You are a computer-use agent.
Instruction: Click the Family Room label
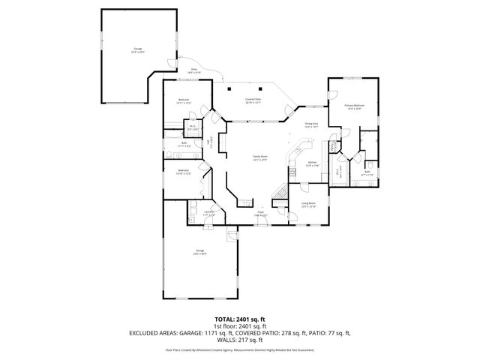point(259,157)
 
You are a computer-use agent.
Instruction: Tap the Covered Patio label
point(253,100)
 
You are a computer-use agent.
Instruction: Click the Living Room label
point(308,205)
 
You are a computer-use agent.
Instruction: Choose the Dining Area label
point(311,125)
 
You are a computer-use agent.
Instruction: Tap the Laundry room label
point(209,214)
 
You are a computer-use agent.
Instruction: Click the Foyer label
point(260,214)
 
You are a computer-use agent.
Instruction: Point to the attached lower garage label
point(200,252)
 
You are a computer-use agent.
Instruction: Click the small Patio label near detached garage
point(194,70)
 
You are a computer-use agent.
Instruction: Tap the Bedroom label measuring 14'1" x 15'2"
point(184,101)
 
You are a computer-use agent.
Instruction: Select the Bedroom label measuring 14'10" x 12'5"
point(184,172)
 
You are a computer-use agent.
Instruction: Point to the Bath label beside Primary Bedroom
point(367,173)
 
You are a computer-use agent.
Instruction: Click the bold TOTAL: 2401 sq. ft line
point(239,319)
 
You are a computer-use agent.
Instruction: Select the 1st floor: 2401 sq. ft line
point(239,325)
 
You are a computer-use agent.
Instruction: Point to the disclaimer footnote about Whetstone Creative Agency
point(239,349)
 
